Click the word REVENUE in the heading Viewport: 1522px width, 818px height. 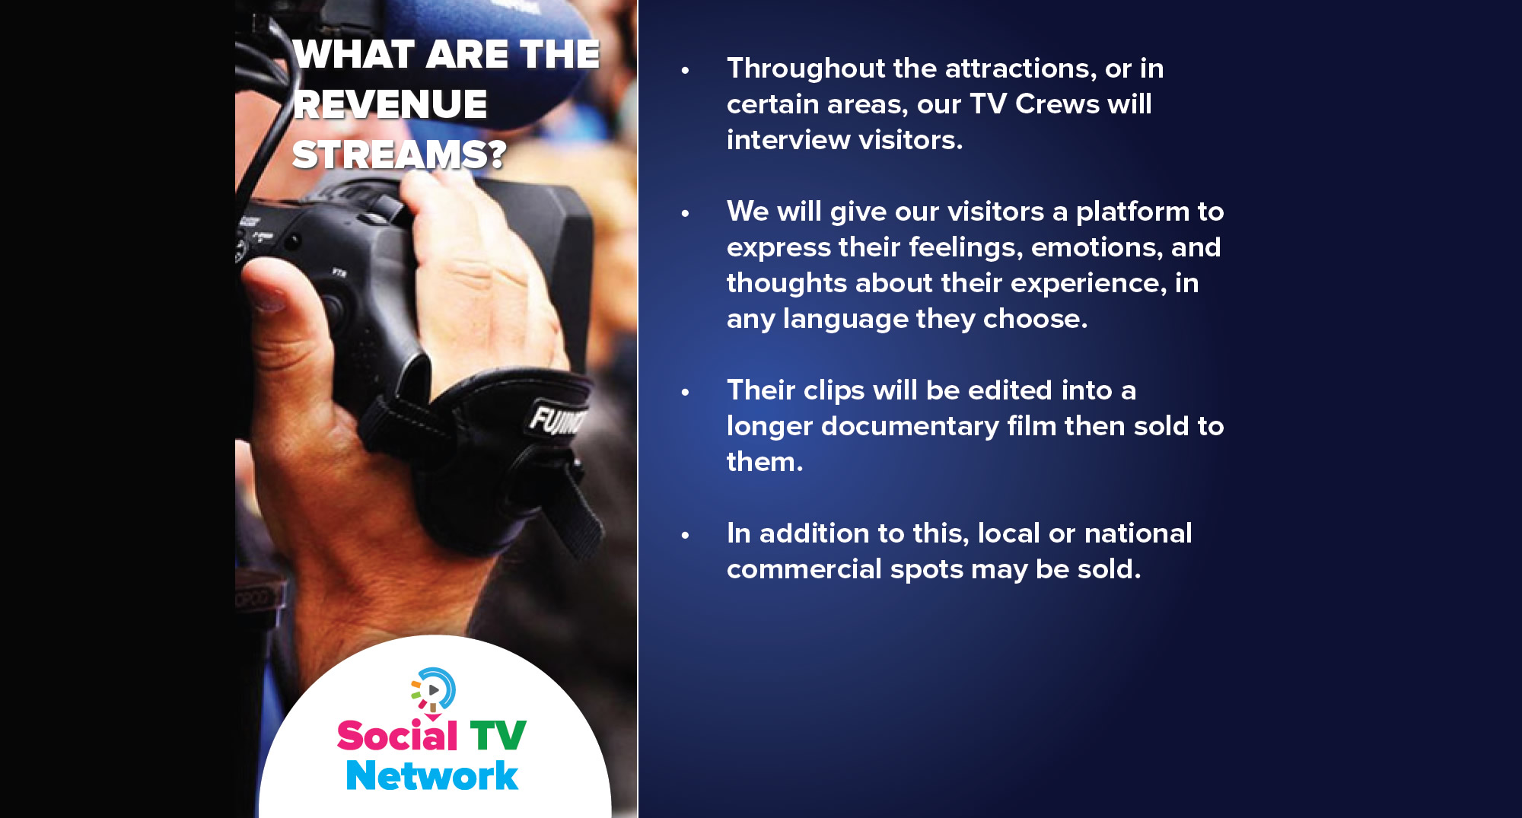point(390,104)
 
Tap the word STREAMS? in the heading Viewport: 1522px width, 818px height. point(399,154)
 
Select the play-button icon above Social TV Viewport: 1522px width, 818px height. point(433,690)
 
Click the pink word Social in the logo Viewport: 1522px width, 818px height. point(397,735)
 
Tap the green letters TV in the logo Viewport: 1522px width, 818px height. point(498,736)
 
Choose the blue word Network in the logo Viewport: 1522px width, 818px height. point(431,775)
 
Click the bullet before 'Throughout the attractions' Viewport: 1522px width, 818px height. point(685,70)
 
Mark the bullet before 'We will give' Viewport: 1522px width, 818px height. point(685,213)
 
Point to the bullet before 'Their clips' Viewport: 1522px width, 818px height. point(685,392)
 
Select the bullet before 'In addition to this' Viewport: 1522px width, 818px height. point(685,535)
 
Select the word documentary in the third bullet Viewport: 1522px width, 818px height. point(910,427)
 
